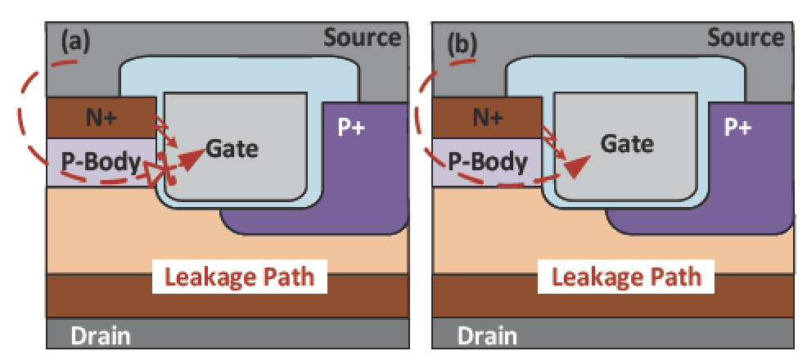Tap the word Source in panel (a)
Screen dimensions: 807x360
[363, 38]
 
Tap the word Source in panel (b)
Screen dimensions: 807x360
[746, 38]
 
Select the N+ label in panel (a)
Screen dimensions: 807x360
[101, 119]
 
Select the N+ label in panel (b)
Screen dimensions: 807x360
[486, 119]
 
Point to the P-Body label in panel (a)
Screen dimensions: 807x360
[101, 163]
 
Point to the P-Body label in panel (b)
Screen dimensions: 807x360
[487, 163]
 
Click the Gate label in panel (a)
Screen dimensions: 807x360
[232, 149]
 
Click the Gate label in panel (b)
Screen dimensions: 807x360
[628, 143]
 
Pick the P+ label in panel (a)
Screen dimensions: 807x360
[351, 128]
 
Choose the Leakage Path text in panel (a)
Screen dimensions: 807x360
[239, 277]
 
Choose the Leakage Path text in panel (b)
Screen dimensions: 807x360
[626, 277]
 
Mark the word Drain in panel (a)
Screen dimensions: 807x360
[101, 336]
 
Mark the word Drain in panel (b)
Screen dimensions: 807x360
[487, 336]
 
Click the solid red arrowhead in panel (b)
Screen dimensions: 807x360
[577, 167]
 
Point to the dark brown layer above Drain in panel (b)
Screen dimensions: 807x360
[612, 296]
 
